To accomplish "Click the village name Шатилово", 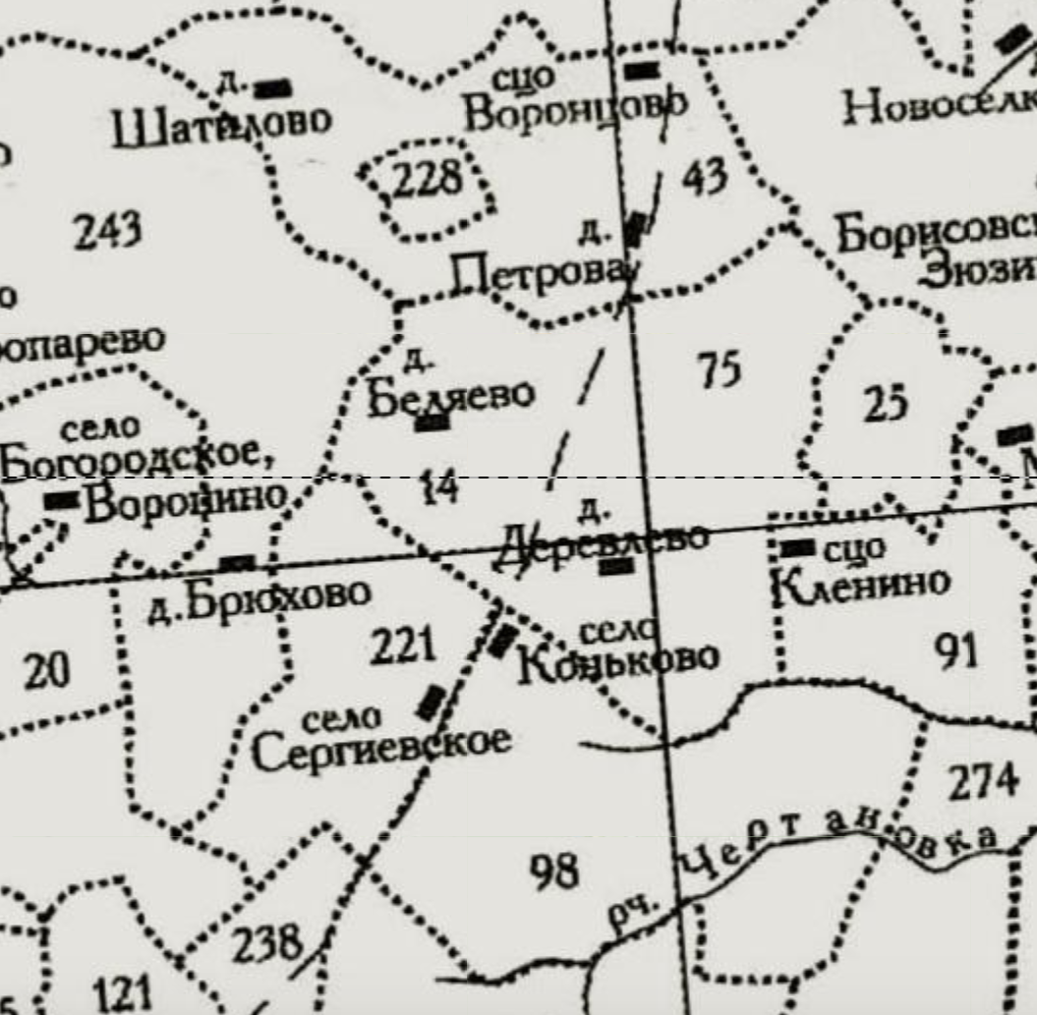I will pos(221,127).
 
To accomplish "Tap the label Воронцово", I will pos(575,109).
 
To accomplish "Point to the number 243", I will pos(108,232).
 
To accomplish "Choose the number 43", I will pos(705,178).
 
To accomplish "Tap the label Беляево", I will pos(451,395).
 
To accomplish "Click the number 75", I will pos(720,370).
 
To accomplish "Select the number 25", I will pos(885,403).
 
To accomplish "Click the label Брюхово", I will pos(275,595).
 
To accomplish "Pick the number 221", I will pos(403,647).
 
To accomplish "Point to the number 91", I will pos(957,651).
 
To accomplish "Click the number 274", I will pos(983,782).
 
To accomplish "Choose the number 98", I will pos(553,870).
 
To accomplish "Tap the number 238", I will pos(265,944).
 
